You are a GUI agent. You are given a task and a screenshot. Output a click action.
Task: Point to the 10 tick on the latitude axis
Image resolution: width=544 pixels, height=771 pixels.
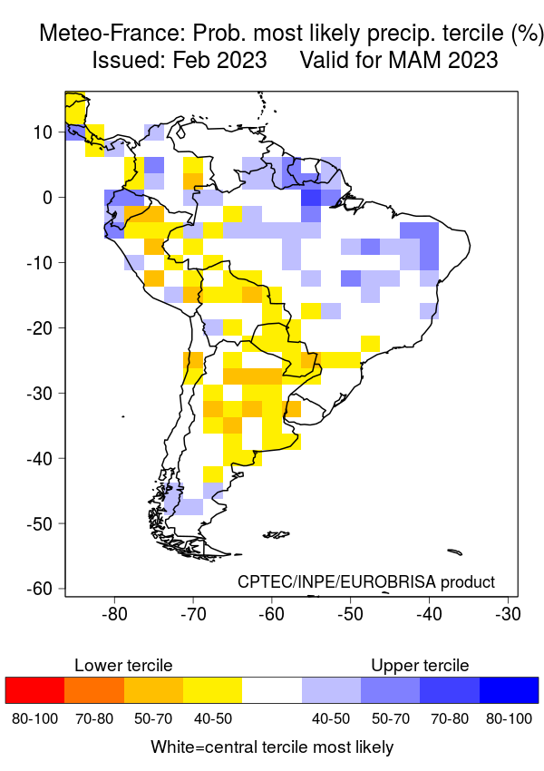[x=44, y=132]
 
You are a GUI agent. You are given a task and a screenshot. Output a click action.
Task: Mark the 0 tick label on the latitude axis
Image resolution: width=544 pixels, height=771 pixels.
[x=49, y=197]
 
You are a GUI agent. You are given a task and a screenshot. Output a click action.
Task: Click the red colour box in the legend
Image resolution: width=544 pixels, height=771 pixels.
[x=34, y=690]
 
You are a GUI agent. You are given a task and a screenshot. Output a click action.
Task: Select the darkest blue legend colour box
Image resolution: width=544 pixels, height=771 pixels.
[x=509, y=690]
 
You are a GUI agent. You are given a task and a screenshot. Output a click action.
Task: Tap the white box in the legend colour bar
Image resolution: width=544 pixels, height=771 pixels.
[x=272, y=690]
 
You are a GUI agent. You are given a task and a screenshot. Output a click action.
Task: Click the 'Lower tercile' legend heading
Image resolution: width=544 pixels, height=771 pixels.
[x=123, y=666]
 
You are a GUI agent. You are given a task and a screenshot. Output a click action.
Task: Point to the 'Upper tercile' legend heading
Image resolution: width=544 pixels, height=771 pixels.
[x=420, y=666]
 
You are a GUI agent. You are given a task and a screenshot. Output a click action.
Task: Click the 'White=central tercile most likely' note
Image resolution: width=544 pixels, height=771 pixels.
[x=272, y=747]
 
